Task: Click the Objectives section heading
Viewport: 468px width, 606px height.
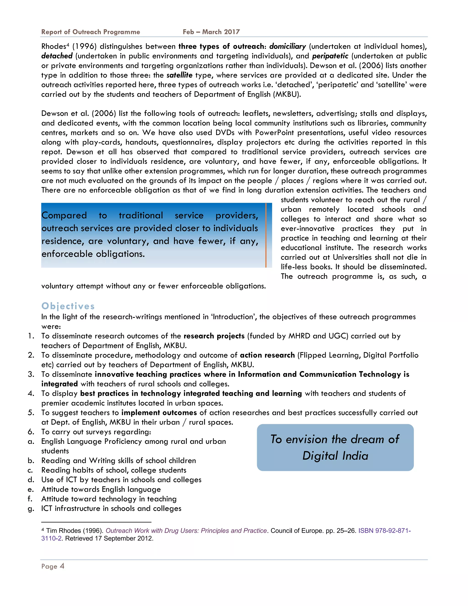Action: [x=68, y=306]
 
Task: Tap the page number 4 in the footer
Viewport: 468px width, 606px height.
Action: [x=62, y=566]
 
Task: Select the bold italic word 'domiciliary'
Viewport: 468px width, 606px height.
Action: [x=287, y=46]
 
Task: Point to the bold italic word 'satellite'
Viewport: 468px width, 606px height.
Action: [x=179, y=75]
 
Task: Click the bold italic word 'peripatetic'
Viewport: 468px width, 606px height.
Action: [x=330, y=56]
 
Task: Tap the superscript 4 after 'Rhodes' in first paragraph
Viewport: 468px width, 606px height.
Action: [x=68, y=44]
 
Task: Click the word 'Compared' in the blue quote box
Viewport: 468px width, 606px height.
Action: [x=64, y=215]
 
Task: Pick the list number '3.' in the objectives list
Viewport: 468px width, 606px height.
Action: [x=31, y=374]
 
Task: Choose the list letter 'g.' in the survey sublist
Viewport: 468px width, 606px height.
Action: [x=31, y=508]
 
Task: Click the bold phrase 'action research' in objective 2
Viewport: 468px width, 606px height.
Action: [x=267, y=355]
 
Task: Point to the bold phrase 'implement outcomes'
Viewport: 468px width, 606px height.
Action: [x=159, y=413]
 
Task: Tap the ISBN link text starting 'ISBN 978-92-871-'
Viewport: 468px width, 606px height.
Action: [x=384, y=531]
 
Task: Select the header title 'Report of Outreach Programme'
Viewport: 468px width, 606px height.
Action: [x=91, y=32]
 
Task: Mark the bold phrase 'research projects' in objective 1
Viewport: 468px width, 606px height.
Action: [x=214, y=336]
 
